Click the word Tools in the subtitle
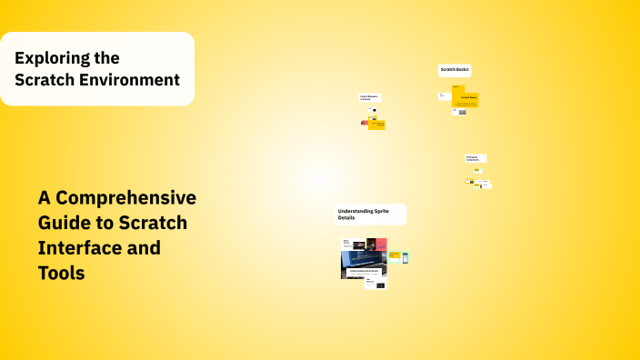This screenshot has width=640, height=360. pyautogui.click(x=61, y=272)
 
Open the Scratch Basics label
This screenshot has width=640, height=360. pyautogui.click(x=455, y=70)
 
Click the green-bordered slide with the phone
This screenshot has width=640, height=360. pyautogui.click(x=405, y=257)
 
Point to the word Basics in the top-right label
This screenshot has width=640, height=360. pyautogui.click(x=462, y=70)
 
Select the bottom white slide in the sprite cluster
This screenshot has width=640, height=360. pyautogui.click(x=375, y=284)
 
